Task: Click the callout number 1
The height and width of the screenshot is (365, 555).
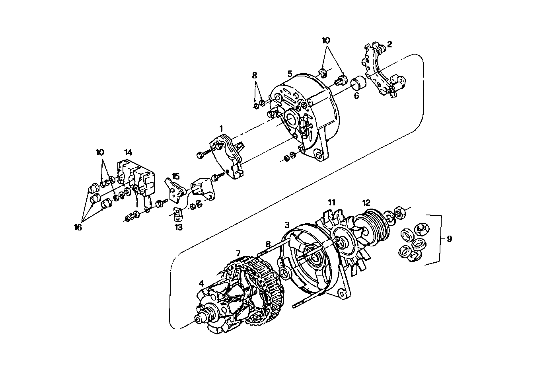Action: (x=221, y=128)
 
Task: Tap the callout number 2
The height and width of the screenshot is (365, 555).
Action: (x=389, y=44)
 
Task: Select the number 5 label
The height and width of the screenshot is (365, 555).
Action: (x=290, y=74)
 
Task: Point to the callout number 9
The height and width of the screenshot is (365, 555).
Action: (x=449, y=239)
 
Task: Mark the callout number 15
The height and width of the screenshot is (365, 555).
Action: (x=175, y=176)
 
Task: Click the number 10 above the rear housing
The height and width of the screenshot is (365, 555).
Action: (x=326, y=41)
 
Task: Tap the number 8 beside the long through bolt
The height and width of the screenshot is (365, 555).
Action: (x=268, y=244)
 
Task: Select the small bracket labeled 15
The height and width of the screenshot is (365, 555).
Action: (x=175, y=191)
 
